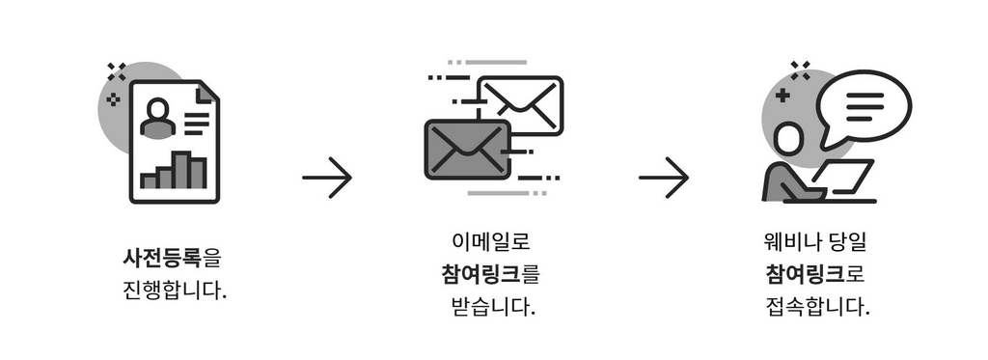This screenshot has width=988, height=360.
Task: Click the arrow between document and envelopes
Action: click(327, 178)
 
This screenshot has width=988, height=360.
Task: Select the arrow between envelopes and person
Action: click(664, 178)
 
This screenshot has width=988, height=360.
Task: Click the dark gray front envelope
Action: click(466, 150)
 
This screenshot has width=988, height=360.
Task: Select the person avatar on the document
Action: click(156, 118)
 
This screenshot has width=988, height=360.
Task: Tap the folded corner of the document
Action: click(206, 94)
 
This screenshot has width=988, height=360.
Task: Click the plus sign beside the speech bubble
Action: click(782, 95)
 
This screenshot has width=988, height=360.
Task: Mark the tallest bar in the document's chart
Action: click(181, 169)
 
